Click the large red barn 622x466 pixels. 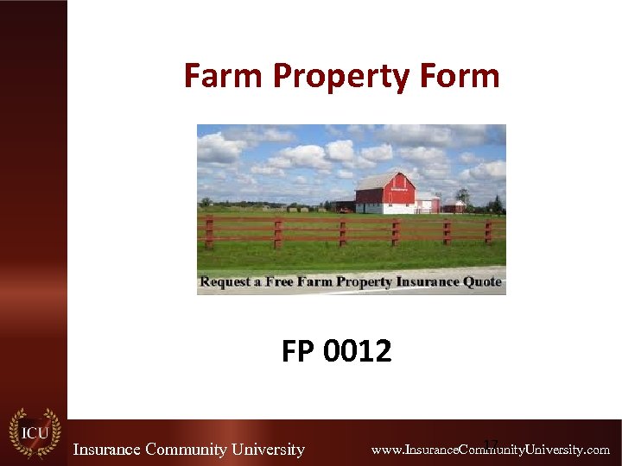pyautogui.click(x=385, y=195)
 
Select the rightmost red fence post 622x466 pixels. pyautogui.click(x=489, y=231)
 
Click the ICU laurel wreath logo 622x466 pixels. pyautogui.click(x=34, y=432)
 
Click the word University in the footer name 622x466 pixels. pyautogui.click(x=268, y=450)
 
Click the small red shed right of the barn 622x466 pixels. pyautogui.click(x=454, y=205)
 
